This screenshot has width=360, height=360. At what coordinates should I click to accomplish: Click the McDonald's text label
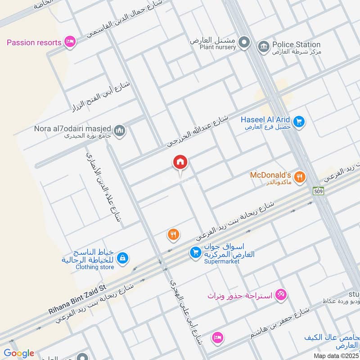[271, 175]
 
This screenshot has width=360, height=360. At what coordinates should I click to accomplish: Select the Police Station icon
[263, 45]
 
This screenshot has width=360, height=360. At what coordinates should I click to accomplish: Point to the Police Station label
[296, 45]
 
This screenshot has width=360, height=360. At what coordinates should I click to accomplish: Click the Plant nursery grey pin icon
[244, 43]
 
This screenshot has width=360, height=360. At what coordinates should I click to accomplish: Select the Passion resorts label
[34, 43]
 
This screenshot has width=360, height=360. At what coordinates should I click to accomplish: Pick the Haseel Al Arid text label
[265, 120]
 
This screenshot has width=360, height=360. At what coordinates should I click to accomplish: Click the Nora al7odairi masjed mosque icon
[120, 130]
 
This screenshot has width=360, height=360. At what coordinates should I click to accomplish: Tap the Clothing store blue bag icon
[122, 258]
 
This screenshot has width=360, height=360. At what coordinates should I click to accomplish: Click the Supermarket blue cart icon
[195, 252]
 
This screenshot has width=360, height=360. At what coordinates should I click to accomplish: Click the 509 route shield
[319, 191]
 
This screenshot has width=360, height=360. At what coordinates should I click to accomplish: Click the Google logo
[19, 353]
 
